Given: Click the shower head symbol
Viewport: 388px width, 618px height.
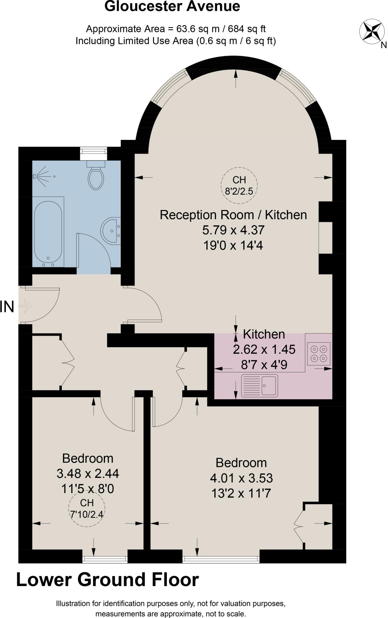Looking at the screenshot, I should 36,176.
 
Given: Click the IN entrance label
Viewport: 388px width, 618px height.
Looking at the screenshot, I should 7,307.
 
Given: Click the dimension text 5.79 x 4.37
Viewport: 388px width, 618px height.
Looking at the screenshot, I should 233,230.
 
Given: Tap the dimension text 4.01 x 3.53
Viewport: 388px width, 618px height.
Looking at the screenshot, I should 241,478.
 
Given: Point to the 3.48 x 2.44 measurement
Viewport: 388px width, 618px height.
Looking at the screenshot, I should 88,473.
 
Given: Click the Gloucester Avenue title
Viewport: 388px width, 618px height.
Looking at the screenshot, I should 172,6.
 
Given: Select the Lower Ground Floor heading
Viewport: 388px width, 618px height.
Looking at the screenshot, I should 107,580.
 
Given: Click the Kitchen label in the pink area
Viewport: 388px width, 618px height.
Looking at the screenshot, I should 264,334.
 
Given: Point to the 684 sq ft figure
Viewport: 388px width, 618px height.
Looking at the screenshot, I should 247,29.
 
